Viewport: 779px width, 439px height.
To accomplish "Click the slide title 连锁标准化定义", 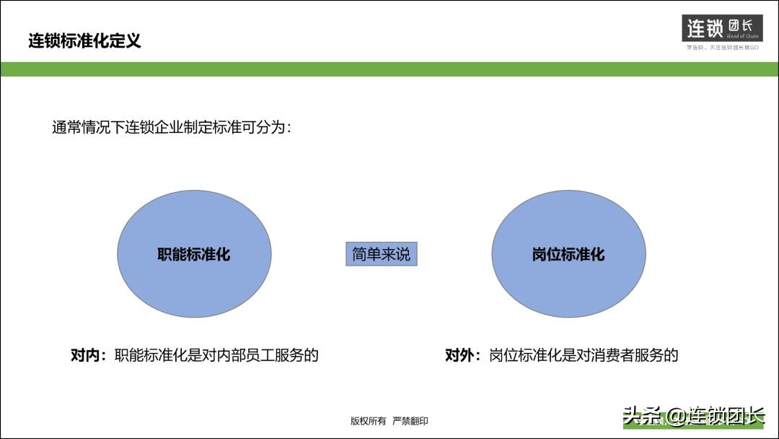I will tap(84, 41).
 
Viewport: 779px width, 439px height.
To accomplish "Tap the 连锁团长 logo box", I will tap(722, 28).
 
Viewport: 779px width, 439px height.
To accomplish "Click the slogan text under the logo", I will tap(722, 48).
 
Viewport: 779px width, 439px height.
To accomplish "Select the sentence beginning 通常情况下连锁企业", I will tap(172, 128).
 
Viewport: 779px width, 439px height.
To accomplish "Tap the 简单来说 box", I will tap(381, 254).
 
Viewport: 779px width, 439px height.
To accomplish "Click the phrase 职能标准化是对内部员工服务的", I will tap(216, 355).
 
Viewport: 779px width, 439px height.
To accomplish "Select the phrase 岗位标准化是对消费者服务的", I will tap(584, 355).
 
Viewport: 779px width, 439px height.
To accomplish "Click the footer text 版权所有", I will tap(368, 421).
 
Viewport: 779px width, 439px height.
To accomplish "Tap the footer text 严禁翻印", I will tap(410, 421).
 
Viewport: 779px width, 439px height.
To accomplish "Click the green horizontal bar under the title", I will tap(389, 69).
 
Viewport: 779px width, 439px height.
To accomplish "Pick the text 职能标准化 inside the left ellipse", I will tap(194, 255).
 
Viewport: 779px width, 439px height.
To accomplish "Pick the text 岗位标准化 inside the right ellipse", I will tap(568, 255).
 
